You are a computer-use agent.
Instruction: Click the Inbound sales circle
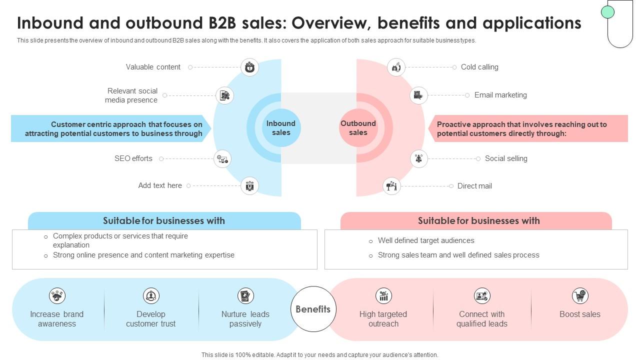281,128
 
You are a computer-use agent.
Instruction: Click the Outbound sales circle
358,128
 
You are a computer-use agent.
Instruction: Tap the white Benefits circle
313,309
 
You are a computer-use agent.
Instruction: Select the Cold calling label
479,67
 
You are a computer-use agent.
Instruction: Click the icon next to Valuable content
249,67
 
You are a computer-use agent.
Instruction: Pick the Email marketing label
500,95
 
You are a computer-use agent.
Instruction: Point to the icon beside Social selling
418,158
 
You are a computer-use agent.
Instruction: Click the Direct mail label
474,186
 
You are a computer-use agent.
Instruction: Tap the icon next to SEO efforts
222,158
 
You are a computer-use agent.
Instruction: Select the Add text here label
160,185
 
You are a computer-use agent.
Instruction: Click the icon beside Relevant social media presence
224,95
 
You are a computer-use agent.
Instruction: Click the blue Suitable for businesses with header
164,220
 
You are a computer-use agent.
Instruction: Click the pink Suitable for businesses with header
478,220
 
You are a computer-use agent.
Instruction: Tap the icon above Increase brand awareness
57,295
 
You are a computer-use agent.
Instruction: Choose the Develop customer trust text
150,319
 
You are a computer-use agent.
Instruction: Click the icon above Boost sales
580,295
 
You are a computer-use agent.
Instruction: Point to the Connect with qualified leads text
481,319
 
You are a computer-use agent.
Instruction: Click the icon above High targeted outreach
383,295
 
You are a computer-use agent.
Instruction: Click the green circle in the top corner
607,12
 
